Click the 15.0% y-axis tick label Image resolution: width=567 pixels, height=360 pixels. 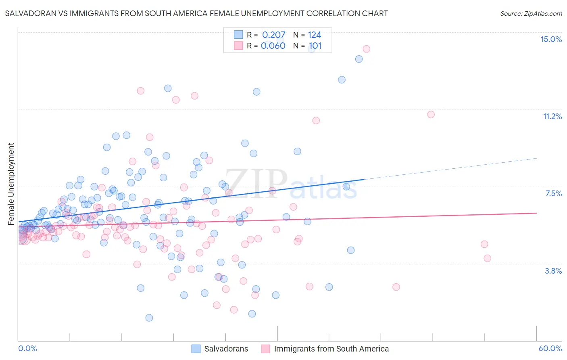(x=551, y=39)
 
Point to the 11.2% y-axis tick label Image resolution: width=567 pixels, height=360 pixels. (x=552, y=116)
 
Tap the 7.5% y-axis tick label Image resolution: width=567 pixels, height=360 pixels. (x=553, y=193)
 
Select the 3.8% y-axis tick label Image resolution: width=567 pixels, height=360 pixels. (x=553, y=271)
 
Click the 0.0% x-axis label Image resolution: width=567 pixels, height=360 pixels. (x=27, y=348)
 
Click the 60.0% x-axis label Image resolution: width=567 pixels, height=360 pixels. (x=550, y=348)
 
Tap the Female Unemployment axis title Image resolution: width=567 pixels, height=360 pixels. (x=11, y=184)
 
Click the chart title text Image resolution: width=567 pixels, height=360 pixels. (x=196, y=13)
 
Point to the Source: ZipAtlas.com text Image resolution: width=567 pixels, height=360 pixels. (x=531, y=13)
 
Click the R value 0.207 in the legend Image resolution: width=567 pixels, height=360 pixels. (x=273, y=35)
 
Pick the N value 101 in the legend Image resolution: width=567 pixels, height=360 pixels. (x=315, y=46)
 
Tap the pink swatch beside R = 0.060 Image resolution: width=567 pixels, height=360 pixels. (x=238, y=46)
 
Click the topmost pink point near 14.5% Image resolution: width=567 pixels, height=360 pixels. (x=366, y=49)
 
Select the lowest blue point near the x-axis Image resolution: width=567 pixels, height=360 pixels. (x=149, y=318)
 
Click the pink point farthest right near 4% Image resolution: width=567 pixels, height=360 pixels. (x=487, y=258)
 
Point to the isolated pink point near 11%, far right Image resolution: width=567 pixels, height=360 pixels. (x=431, y=114)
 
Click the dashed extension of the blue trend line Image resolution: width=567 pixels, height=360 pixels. (x=452, y=168)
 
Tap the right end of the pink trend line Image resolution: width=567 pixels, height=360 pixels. (x=536, y=213)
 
